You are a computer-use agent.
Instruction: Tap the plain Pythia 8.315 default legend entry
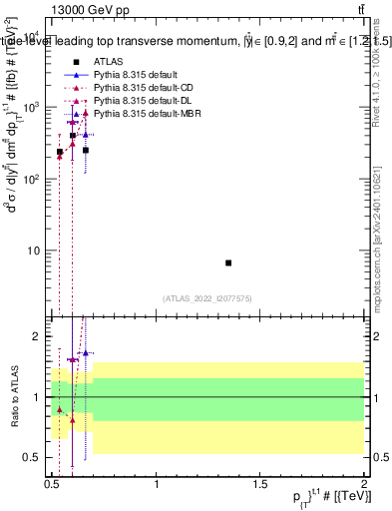point(136,76)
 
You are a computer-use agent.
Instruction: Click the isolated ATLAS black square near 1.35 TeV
point(228,262)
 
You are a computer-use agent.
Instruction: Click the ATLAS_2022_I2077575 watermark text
point(207,297)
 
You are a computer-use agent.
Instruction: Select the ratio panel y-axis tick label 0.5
point(34,457)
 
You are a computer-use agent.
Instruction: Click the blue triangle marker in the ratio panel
point(86,352)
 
